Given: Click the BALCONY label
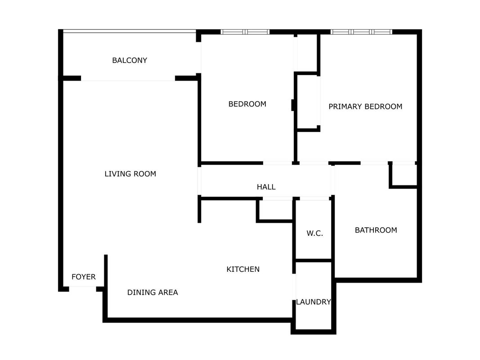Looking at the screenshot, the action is point(130,60).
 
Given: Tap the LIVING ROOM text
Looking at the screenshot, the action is point(130,174).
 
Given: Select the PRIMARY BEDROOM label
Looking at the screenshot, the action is point(365,107).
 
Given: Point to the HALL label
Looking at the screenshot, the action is point(266,187).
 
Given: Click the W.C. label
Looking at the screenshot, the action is point(315,233).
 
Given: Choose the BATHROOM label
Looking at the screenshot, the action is point(376,230).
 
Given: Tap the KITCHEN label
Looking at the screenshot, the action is point(243,269).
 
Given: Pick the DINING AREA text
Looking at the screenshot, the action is point(153,292).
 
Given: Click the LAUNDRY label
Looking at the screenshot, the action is point(314,302).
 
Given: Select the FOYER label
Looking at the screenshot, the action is point(84,277).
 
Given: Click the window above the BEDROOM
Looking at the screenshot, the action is point(245,32).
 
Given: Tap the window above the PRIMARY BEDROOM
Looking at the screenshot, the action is point(361,32).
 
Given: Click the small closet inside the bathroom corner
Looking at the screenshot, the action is point(403,175).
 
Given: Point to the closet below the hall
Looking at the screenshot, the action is point(275,209).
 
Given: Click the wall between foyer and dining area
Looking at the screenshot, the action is point(106,272).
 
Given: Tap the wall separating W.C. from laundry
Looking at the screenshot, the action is point(314,261).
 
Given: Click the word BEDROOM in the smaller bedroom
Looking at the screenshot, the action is point(247,104).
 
